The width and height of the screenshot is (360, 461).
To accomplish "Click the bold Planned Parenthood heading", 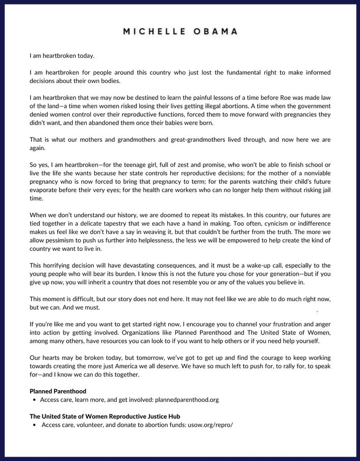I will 58,391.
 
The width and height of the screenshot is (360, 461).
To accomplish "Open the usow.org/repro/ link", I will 210,425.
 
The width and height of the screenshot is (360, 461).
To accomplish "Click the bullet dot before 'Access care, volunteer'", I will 35,425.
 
